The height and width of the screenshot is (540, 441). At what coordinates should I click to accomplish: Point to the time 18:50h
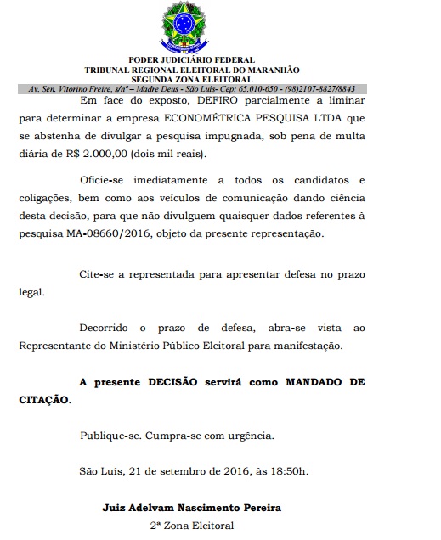[286, 471]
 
